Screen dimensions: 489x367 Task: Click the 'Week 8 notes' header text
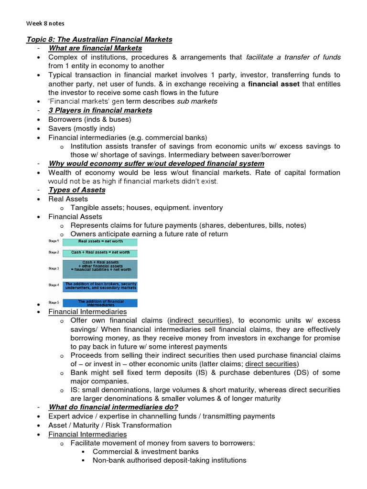click(x=45, y=22)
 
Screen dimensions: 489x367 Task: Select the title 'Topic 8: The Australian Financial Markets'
click(x=99, y=39)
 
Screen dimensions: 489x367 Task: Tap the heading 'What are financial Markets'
click(x=95, y=48)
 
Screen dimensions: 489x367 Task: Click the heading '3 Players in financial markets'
click(x=100, y=110)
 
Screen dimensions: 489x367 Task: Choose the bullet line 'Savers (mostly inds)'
click(x=82, y=128)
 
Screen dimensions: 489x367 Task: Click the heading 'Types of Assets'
click(x=77, y=190)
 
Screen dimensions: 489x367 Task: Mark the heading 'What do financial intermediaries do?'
click(x=113, y=407)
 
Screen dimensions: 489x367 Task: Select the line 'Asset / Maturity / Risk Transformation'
click(x=110, y=425)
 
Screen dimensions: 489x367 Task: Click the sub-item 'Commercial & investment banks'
click(x=146, y=452)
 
